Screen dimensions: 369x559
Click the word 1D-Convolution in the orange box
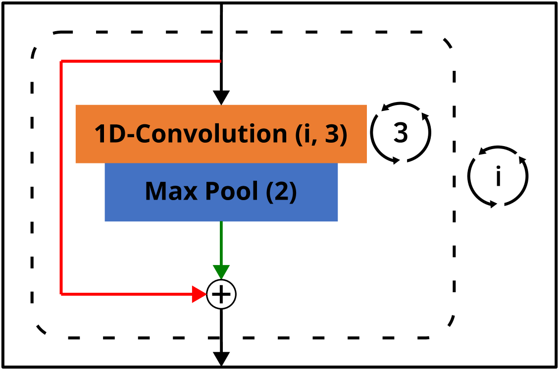[191, 134]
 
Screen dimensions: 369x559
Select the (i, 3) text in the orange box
[321, 134]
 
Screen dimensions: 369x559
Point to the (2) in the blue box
[281, 191]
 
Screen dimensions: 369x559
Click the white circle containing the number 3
[401, 133]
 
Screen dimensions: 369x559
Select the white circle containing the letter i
[498, 177]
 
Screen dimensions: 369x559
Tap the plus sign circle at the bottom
[221, 294]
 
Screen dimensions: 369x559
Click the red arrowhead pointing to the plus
[199, 294]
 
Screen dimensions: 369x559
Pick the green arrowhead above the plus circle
[221, 272]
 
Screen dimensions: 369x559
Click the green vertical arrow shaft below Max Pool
[221, 243]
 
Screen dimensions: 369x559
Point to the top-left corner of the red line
[61, 61]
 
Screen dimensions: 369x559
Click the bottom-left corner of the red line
[61, 294]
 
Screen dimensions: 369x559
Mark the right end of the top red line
[219, 61]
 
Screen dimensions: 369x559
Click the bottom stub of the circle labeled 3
[401, 162]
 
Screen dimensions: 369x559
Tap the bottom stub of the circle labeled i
[498, 207]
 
